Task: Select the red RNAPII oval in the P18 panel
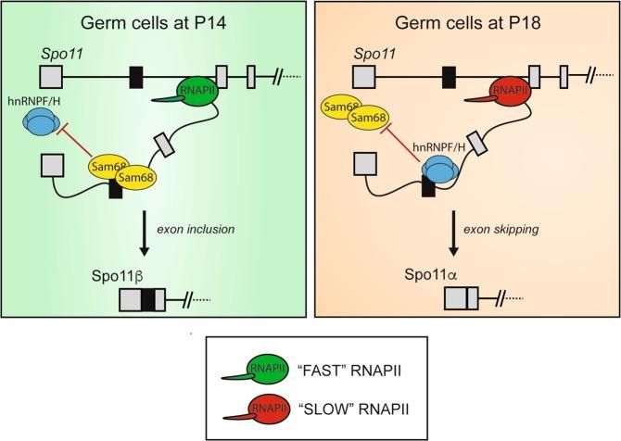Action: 504,92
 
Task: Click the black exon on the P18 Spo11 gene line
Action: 449,75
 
